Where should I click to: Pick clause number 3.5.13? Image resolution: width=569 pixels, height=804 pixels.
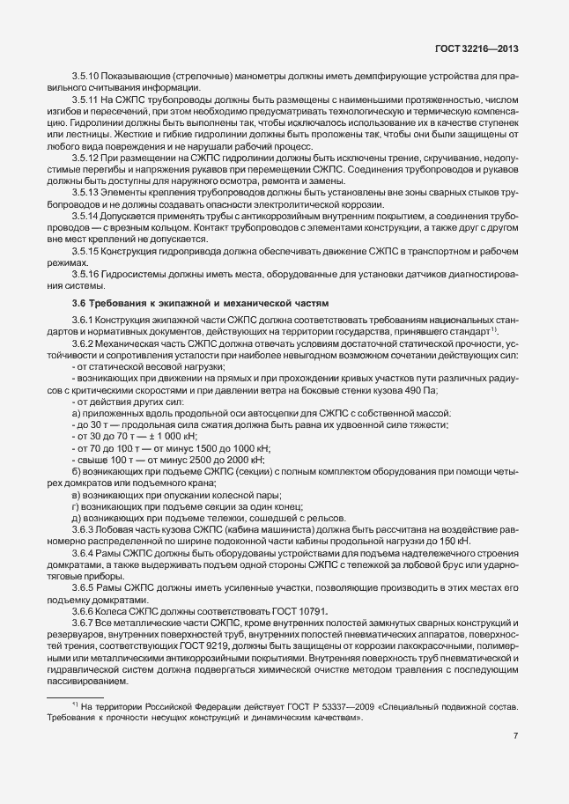pyautogui.click(x=85, y=192)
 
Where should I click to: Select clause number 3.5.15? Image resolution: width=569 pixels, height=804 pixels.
pyautogui.click(x=85, y=251)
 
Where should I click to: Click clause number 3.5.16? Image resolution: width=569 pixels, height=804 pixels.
pyautogui.click(x=85, y=275)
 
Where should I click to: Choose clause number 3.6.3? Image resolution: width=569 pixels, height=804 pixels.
pyautogui.click(x=83, y=530)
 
